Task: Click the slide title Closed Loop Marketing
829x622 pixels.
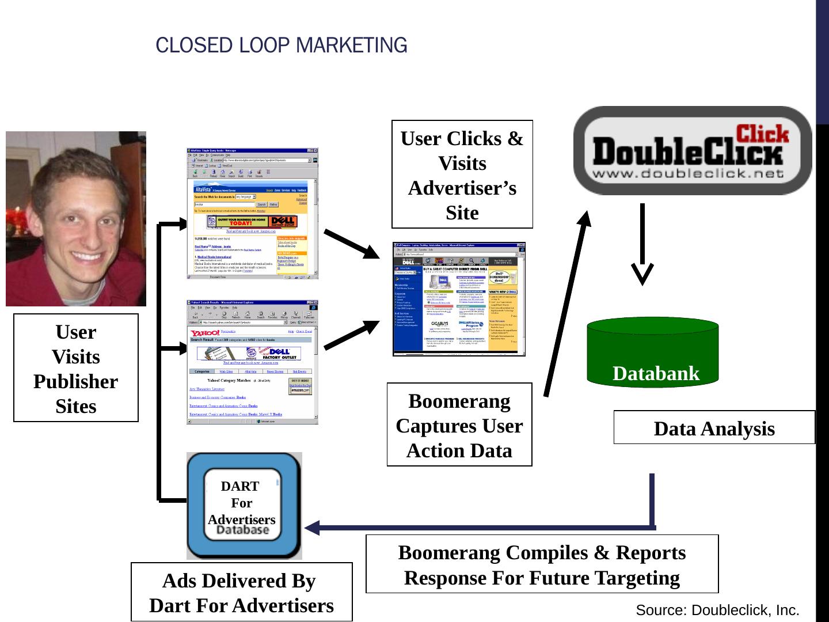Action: [281, 45]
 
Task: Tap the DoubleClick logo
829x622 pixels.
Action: [692, 150]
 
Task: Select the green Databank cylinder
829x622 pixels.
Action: [652, 352]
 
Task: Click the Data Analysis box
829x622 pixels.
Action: [714, 427]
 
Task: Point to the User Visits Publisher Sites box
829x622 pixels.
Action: [76, 368]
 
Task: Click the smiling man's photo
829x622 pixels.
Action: [76, 219]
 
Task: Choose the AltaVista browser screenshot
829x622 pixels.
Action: [253, 214]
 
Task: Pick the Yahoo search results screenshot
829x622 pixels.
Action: [253, 362]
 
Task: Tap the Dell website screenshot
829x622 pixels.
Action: [459, 299]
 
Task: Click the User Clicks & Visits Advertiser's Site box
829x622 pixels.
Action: [462, 175]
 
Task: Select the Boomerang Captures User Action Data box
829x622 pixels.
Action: [459, 425]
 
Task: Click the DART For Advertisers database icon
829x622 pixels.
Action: [244, 506]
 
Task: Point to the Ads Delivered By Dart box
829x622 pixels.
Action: [241, 592]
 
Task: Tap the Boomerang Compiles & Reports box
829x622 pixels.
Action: [542, 564]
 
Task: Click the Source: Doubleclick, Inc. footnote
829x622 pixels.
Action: [717, 610]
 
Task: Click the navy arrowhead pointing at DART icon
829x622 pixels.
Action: [314, 527]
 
